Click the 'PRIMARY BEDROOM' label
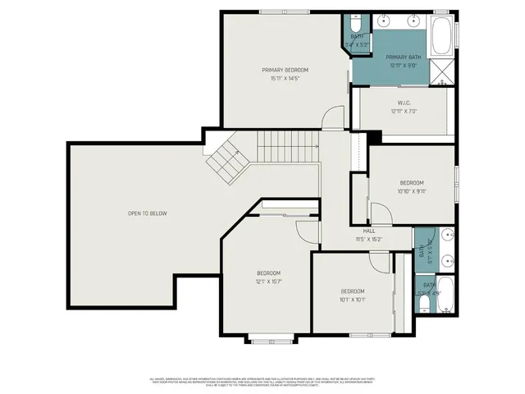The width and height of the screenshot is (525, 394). point(285,70)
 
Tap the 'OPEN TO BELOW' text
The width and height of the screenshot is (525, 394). point(147,213)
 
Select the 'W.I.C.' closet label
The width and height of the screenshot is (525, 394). point(398,102)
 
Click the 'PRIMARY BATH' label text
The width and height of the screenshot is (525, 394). point(398,57)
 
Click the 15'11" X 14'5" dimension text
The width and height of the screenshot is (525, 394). point(285,79)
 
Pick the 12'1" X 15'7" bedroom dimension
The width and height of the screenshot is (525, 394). point(269,282)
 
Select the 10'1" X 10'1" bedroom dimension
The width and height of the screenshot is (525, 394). point(353,300)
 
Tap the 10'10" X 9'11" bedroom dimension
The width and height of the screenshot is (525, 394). point(412,191)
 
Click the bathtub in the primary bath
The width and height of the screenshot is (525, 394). point(441,32)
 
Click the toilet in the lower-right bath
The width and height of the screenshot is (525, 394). point(422,305)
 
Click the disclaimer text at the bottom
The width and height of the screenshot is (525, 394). point(262,382)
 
